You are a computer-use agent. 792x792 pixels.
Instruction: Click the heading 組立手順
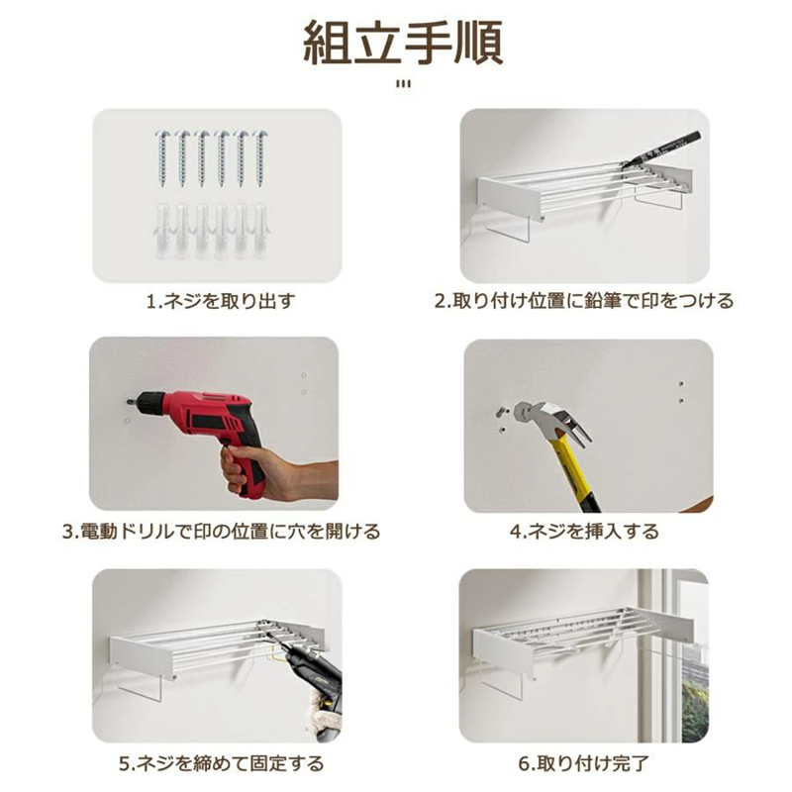coord(403,43)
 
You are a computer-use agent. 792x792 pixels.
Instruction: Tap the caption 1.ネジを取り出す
coord(221,302)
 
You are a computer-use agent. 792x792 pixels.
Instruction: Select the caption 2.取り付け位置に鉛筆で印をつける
coord(584,301)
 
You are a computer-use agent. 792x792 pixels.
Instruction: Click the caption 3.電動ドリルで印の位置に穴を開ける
coord(221,532)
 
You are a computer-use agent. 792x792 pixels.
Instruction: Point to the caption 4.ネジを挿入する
coord(584,532)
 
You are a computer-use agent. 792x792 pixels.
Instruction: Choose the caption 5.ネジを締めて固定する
coord(221,763)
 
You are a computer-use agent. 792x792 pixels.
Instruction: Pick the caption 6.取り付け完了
coord(584,763)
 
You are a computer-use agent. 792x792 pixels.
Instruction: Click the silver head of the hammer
coord(548,417)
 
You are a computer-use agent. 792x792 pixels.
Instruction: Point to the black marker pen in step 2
coord(660,149)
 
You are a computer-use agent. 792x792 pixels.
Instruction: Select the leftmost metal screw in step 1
coord(162,158)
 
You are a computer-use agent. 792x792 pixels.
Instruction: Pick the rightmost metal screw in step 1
coord(260,158)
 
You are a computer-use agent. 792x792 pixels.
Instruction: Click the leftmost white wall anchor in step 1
coord(163,231)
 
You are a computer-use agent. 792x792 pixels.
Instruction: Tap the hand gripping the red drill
coord(273,472)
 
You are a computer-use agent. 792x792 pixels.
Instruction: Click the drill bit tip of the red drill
coord(128,403)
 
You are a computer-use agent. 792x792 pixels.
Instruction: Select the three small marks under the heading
coord(403,84)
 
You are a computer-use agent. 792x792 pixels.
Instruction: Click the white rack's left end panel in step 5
coord(143,656)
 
